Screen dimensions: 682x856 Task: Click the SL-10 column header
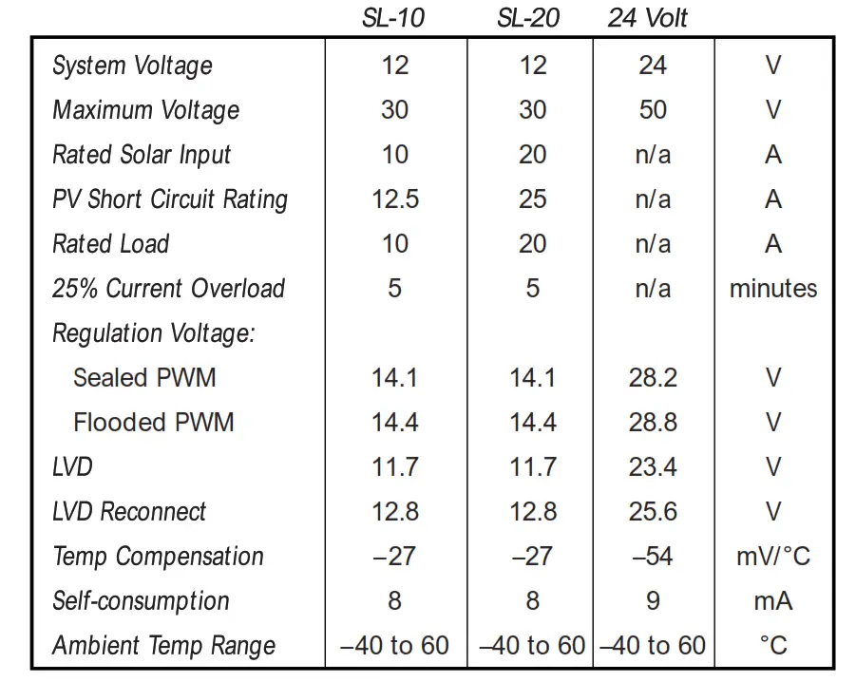tap(393, 18)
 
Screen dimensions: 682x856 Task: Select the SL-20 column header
tap(528, 18)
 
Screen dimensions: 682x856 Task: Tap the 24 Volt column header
tap(648, 18)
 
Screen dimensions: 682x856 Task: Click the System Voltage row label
tap(132, 66)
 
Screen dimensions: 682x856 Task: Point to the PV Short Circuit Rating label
tap(170, 199)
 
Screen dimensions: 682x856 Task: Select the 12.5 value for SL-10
tap(395, 199)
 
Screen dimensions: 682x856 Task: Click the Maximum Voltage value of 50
tap(653, 110)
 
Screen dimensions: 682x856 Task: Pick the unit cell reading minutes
tap(773, 289)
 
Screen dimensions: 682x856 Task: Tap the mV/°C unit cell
tap(773, 557)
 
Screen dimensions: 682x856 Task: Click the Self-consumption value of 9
tap(653, 601)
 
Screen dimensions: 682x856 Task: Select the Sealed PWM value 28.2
tap(653, 378)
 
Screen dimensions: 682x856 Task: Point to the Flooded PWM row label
tap(154, 423)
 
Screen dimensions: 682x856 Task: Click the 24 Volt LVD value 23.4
tap(653, 467)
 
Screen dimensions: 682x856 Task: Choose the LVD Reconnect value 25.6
tap(653, 512)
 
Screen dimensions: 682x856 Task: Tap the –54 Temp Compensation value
tap(653, 557)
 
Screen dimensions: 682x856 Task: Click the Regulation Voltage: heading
tap(155, 333)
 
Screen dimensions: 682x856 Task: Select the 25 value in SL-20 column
tap(532, 199)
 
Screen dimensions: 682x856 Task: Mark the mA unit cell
tap(773, 601)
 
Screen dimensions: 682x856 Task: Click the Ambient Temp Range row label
tap(164, 646)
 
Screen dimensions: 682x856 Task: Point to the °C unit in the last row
tap(773, 646)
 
